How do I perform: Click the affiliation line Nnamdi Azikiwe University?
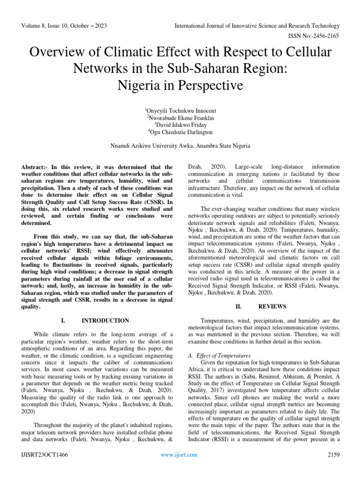180,147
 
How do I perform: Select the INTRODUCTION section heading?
105,321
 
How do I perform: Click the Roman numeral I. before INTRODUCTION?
63,321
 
